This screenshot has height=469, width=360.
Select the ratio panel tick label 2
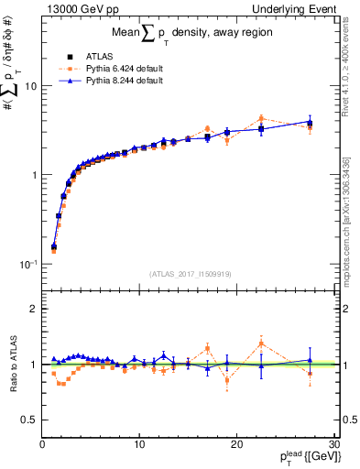32,309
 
